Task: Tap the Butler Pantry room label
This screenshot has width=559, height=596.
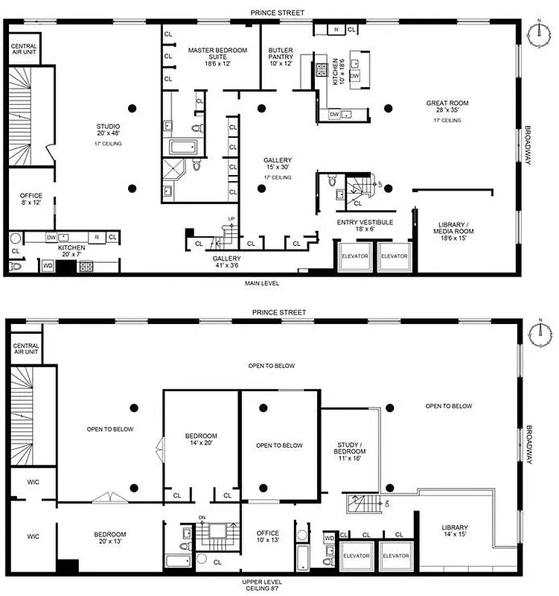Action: [281, 57]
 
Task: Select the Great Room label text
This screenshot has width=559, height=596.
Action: [447, 107]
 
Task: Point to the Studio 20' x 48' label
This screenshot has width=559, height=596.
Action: [108, 130]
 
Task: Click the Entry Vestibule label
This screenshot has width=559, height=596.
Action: [365, 226]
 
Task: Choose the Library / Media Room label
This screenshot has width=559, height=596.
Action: [453, 229]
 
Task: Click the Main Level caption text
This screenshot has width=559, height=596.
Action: [261, 283]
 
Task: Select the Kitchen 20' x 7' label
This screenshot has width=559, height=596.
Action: [71, 251]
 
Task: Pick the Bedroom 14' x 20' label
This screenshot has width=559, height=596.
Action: [201, 440]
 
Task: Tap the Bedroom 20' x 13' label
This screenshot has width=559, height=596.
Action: [109, 538]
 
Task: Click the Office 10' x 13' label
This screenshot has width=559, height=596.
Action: [267, 537]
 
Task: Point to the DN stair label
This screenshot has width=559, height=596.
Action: [201, 518]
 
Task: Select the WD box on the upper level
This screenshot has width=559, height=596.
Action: [329, 538]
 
